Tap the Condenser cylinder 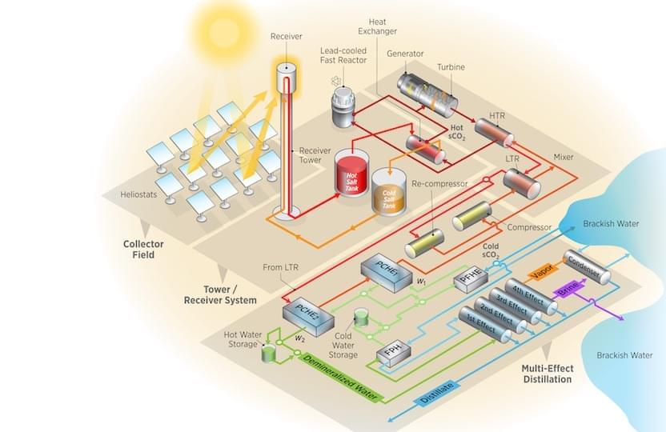click(587, 266)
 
